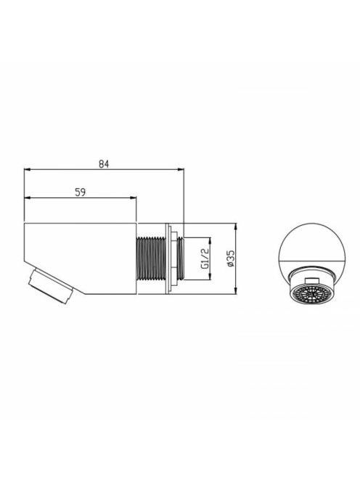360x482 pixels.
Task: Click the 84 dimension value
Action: tap(104, 164)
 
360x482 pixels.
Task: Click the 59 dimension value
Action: tap(81, 192)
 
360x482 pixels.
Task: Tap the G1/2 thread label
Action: tap(205, 258)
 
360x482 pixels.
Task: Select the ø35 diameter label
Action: tap(231, 258)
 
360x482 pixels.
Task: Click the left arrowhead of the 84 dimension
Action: tap(28, 169)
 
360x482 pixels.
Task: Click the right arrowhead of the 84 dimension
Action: tap(180, 169)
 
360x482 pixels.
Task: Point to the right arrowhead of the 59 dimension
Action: tap(133, 198)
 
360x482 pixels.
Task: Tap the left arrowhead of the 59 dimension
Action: tap(28, 198)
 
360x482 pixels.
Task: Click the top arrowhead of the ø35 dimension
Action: tap(236, 226)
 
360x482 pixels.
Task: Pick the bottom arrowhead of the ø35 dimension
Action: tap(236, 291)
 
